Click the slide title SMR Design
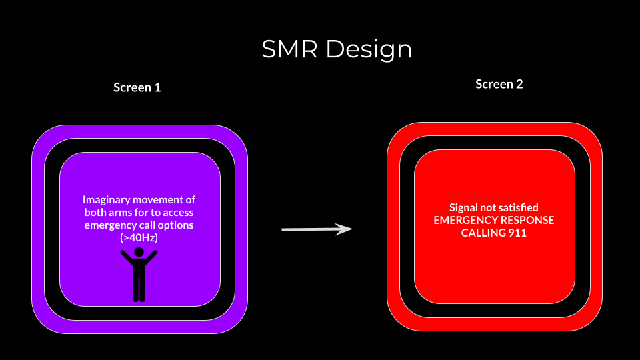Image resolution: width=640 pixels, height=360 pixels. click(337, 49)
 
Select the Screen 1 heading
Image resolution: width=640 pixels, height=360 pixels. click(137, 87)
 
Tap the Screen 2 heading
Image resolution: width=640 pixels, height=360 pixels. click(499, 85)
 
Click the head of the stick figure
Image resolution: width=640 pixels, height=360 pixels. click(139, 252)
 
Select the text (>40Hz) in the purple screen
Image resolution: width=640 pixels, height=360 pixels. click(139, 238)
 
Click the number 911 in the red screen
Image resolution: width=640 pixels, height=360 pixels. click(517, 233)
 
